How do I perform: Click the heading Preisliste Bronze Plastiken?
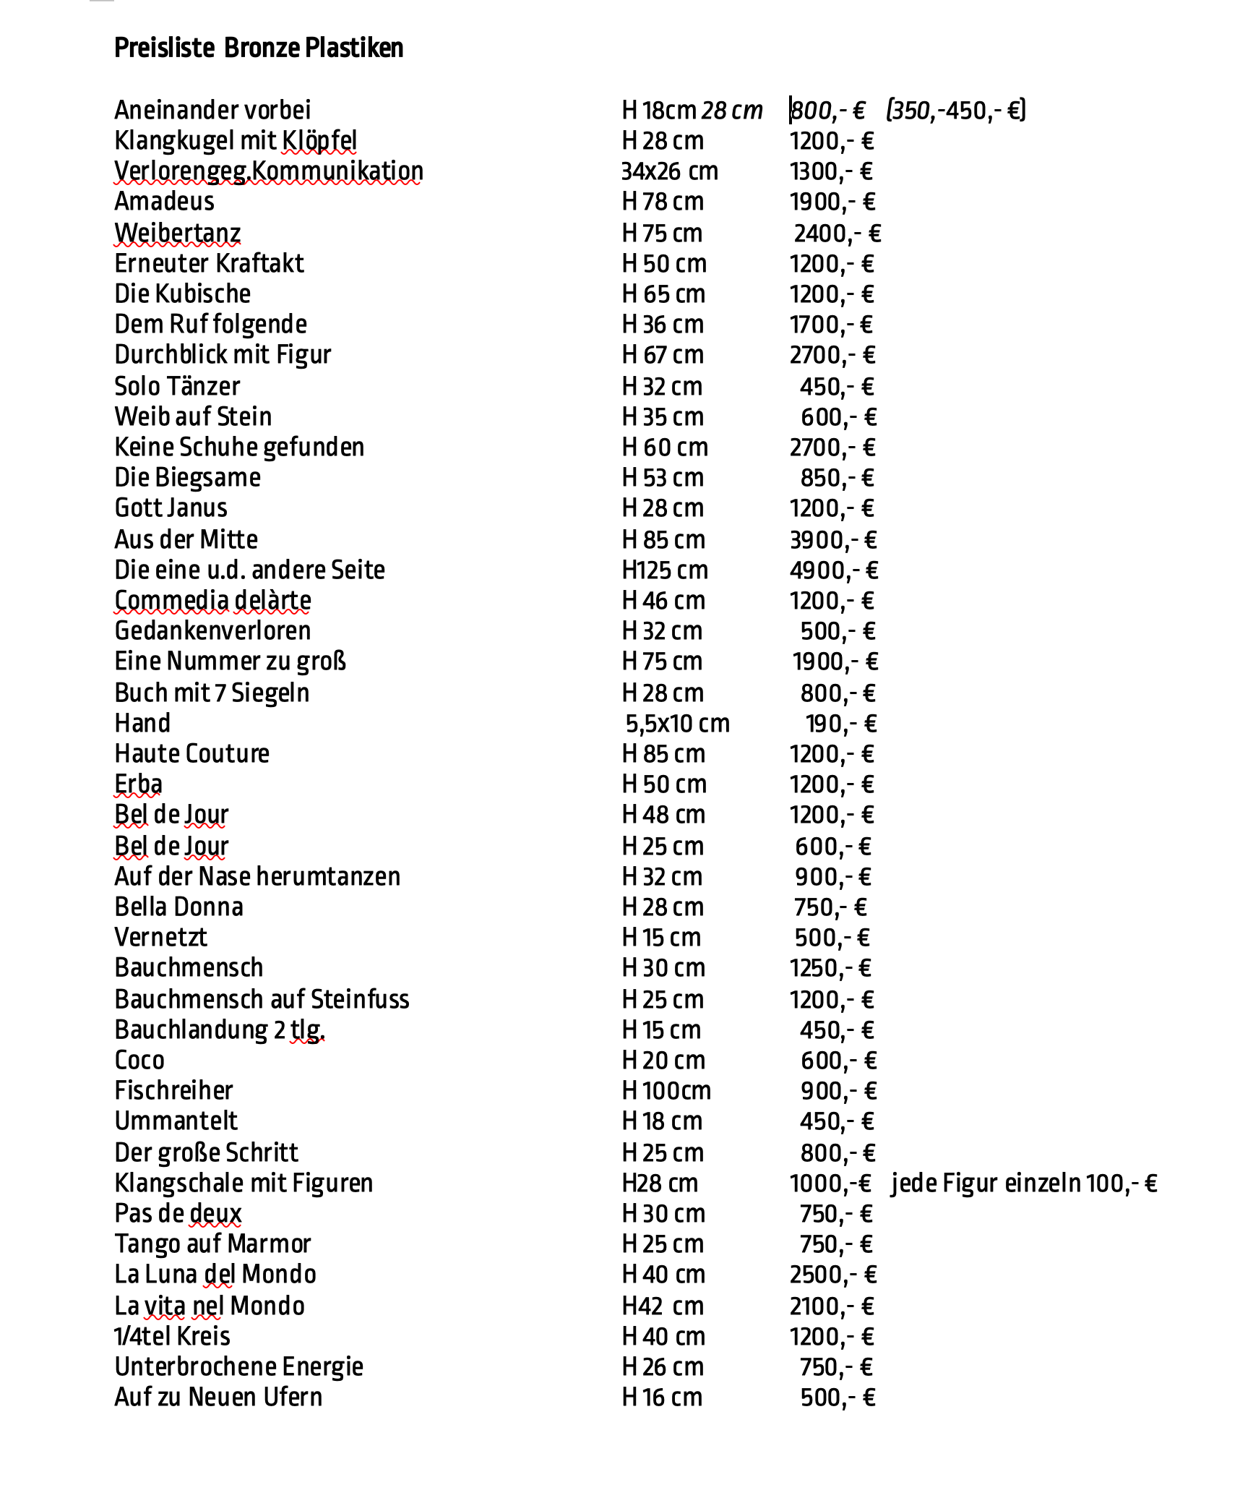tap(259, 48)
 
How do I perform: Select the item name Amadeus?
tap(164, 202)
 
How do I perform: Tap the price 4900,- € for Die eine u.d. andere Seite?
tap(834, 570)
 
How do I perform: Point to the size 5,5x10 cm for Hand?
tap(677, 724)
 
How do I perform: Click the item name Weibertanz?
tap(177, 234)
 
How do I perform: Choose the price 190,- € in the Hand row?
tap(841, 724)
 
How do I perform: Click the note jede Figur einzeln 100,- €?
tap(1024, 1184)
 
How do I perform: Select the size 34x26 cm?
tap(670, 171)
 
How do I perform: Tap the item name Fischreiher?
tap(173, 1091)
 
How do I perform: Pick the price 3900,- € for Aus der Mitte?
tap(833, 540)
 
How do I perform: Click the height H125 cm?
tap(665, 570)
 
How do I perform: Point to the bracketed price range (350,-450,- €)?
tap(956, 111)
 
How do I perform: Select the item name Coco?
tap(139, 1061)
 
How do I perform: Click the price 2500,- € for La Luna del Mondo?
tap(833, 1275)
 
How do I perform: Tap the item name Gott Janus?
tap(171, 508)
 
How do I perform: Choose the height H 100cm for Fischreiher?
tap(666, 1091)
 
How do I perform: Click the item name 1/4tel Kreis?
tap(172, 1337)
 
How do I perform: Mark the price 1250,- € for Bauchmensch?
tap(830, 968)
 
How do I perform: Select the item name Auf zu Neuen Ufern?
tap(218, 1398)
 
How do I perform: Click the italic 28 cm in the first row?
tap(732, 111)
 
